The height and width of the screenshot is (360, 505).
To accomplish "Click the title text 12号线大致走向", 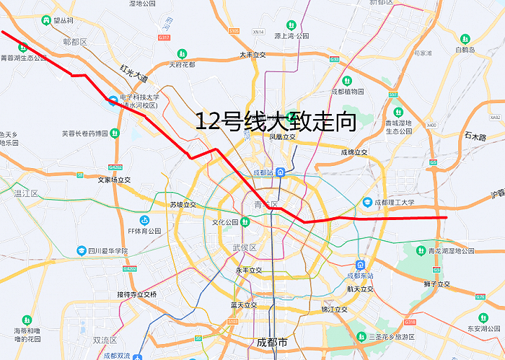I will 276,122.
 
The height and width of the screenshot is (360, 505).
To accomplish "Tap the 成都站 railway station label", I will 264,172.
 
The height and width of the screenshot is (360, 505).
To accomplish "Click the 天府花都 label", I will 182,64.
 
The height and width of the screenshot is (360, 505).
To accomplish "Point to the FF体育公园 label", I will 144,230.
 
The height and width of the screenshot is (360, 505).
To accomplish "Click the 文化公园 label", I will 225,222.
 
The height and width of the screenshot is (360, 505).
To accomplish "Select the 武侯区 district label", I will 245,247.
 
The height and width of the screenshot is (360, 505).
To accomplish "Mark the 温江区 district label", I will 26,193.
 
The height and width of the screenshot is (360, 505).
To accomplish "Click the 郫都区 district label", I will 74,42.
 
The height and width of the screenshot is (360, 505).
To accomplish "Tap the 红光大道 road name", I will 133,73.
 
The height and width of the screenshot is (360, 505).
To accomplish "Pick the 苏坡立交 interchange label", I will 183,205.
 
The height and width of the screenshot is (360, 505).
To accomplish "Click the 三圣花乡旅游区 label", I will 392,337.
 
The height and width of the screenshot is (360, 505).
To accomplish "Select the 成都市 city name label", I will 272,341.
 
